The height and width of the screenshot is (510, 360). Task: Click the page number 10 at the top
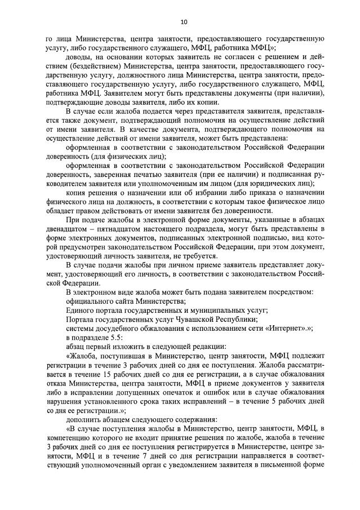pyautogui.click(x=183, y=21)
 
